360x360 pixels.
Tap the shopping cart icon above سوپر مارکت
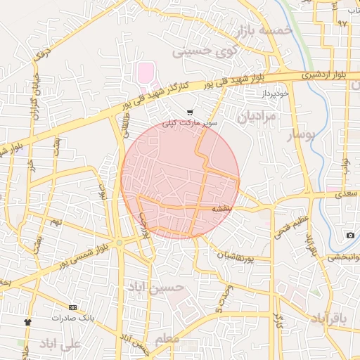190,112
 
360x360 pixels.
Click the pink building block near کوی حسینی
145,72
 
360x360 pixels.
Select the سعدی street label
345,191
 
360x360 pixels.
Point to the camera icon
350,235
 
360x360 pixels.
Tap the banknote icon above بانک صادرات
72,307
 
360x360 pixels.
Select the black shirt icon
27,321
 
